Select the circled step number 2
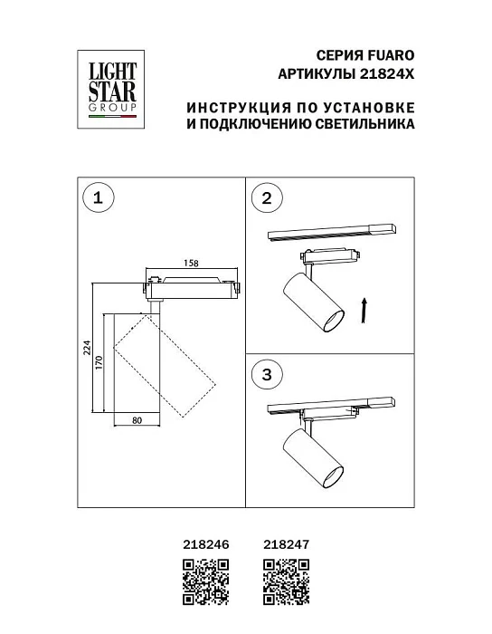pyautogui.click(x=266, y=199)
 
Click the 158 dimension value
pyautogui.click(x=191, y=263)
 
